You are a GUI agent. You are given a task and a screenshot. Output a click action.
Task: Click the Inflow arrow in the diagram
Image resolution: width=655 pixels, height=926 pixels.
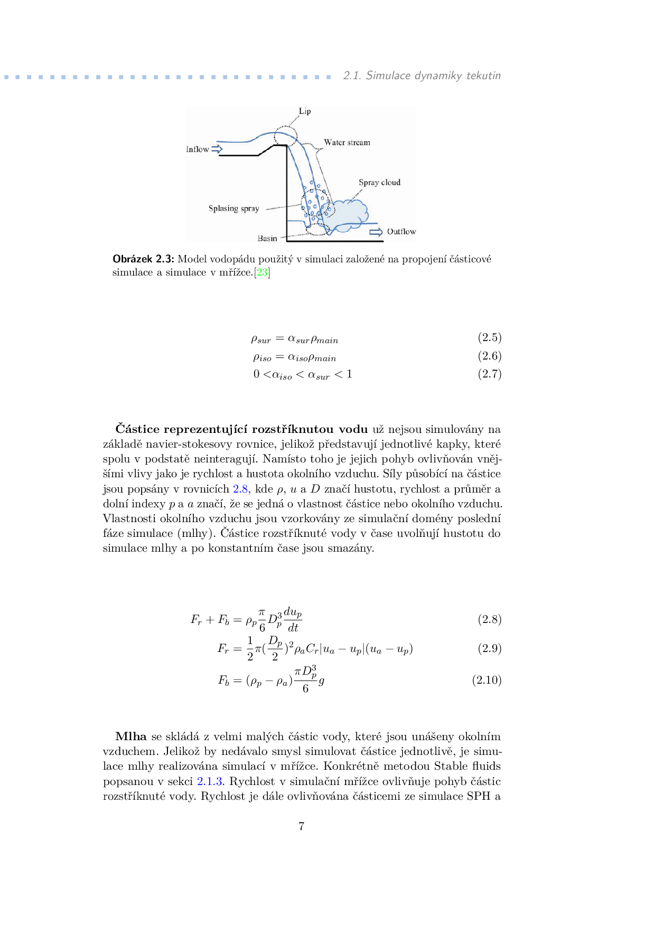point(217,149)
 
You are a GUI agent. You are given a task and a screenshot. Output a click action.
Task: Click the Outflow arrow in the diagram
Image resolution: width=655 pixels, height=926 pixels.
point(376,232)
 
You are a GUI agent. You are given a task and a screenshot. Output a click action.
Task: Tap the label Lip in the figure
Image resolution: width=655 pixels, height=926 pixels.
point(305,111)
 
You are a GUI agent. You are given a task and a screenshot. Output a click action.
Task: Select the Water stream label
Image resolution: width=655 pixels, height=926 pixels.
point(347,143)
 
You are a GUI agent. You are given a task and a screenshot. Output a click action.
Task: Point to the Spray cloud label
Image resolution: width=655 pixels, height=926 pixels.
point(379,183)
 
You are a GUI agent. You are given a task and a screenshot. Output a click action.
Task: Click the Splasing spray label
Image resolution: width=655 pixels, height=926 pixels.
point(233,209)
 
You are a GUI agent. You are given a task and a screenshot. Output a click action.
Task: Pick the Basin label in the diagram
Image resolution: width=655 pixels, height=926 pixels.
point(267,239)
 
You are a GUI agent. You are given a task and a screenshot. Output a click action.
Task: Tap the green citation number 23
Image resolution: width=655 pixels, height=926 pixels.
point(262,273)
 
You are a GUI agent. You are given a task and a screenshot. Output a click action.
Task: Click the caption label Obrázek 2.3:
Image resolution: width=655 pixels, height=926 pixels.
point(143,259)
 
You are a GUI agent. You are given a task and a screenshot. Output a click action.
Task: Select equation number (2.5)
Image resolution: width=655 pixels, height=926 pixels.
point(489,337)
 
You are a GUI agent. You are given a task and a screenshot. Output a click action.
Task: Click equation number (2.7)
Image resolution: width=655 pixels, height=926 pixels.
point(489,374)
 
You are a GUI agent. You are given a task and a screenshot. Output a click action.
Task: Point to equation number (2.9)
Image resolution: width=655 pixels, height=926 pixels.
point(489,648)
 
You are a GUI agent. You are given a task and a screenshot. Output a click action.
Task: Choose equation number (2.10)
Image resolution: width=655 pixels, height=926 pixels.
point(486,680)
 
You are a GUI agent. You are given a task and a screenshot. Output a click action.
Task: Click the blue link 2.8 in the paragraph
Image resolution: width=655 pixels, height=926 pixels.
point(240,489)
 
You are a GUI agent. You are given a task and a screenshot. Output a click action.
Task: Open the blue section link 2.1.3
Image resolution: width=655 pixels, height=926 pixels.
point(210,781)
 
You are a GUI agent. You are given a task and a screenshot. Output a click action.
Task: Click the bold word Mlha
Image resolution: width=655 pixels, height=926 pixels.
point(131,736)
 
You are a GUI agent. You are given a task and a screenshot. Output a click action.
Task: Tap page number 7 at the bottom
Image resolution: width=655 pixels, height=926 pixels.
point(302,827)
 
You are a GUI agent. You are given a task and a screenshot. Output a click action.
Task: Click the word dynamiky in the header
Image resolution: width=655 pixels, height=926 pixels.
point(438,76)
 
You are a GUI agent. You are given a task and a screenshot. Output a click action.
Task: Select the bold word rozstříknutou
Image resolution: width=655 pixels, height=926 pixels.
point(292,429)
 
